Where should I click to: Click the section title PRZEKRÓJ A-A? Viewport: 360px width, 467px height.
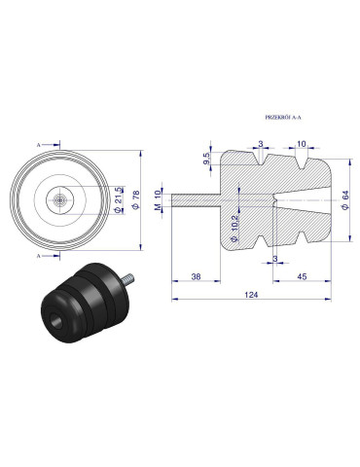[x=284, y=116]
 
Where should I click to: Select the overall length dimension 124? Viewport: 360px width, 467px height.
[x=251, y=294]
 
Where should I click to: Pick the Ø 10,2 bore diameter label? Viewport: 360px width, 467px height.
[x=234, y=225]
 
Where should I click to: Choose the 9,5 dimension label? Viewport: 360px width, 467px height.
[x=206, y=158]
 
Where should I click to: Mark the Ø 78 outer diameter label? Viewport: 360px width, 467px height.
[x=133, y=199]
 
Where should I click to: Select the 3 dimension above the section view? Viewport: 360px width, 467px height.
[x=261, y=143]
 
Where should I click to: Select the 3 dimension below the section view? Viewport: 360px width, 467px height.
[x=277, y=258]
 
